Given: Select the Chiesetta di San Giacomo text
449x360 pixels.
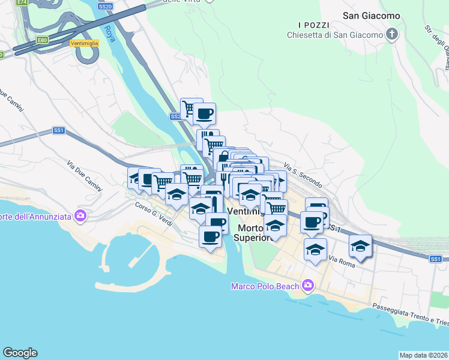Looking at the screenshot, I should coord(335,35).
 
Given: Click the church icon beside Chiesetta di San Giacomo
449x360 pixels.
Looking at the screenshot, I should coord(393,34).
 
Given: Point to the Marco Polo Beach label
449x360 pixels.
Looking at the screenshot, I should coord(265,286).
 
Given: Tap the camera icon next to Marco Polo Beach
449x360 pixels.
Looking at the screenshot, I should coord(308,285).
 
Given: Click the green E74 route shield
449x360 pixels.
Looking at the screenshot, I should coord(22,2).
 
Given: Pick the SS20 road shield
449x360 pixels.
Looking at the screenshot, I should coord(105,6).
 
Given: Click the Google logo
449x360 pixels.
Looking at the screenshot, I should coord(20,353).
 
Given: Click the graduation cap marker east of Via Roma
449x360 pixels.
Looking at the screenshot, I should coord(360,246).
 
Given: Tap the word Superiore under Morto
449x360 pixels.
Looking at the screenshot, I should coord(254,239).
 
